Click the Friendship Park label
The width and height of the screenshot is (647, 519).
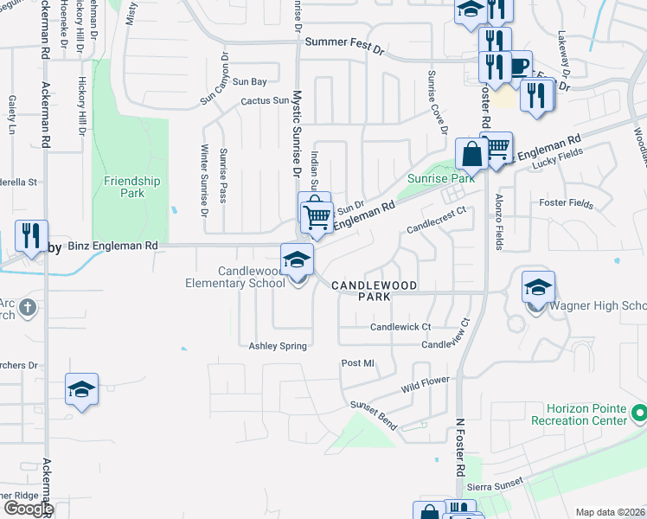(131, 187)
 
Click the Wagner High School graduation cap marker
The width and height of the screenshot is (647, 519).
(538, 287)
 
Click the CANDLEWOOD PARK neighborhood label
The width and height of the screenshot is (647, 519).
(374, 290)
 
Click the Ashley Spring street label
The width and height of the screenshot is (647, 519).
(278, 346)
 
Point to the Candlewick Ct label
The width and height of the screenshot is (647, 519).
(400, 327)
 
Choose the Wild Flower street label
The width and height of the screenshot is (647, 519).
(426, 384)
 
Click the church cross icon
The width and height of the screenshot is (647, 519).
(28, 307)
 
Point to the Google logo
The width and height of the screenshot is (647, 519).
(29, 509)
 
